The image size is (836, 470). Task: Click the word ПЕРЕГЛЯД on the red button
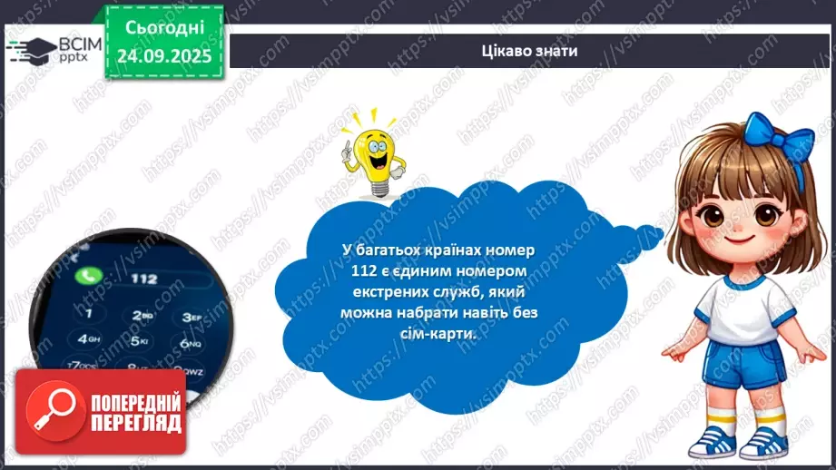click(x=134, y=423)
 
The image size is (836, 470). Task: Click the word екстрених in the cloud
click(x=372, y=291)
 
